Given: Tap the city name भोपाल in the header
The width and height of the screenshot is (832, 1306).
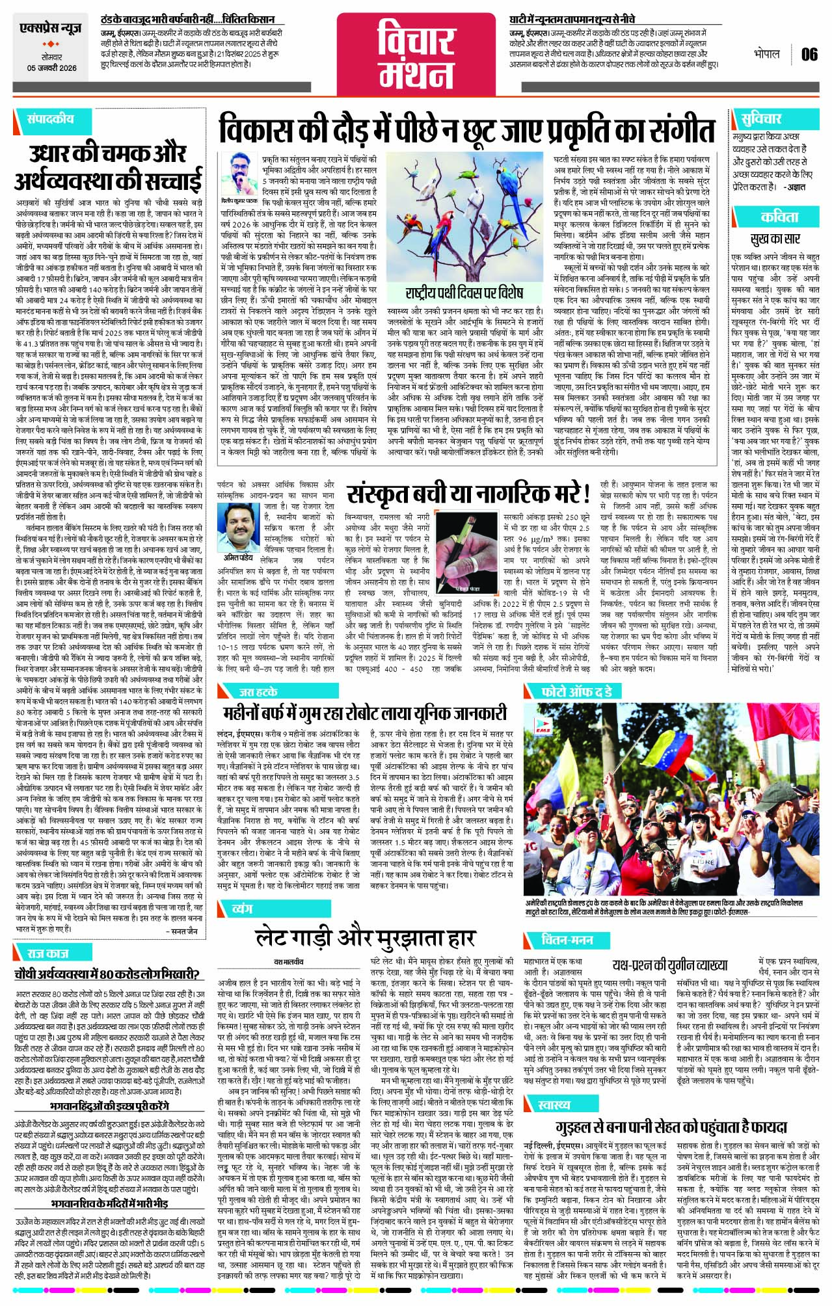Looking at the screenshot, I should tap(766, 54).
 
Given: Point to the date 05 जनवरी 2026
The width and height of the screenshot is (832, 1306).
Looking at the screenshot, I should tap(51, 68).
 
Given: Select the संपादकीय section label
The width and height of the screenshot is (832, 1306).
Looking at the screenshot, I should tap(50, 119).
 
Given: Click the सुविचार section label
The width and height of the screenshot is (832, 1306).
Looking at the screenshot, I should tap(761, 119).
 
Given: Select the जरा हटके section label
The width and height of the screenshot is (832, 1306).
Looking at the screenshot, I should tap(259, 691).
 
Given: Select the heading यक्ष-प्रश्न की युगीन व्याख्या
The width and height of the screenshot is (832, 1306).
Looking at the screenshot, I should tap(669, 964).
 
